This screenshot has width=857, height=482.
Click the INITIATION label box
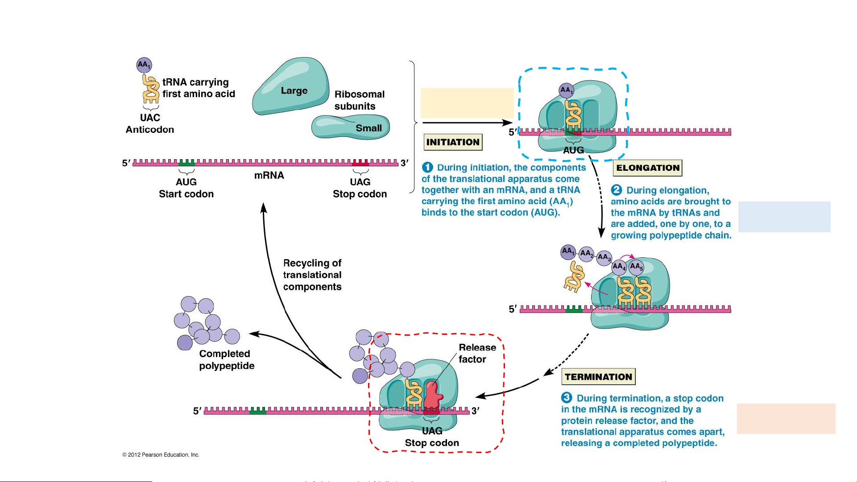(453, 142)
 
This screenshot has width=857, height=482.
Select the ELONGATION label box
(648, 168)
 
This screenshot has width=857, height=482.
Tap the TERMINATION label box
(598, 377)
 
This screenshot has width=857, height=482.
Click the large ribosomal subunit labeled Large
(292, 87)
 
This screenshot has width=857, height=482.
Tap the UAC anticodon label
(150, 118)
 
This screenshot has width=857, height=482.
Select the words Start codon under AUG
(186, 194)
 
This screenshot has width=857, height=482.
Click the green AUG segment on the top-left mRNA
(186, 162)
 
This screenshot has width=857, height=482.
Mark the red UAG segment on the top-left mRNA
(360, 162)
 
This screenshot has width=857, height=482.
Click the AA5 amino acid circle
(636, 267)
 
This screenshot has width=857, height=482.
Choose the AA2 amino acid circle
(586, 254)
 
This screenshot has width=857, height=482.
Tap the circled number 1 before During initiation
(427, 168)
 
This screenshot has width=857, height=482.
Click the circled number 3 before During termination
(567, 397)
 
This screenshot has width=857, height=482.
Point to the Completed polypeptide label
(227, 359)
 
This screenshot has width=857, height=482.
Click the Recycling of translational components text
(312, 275)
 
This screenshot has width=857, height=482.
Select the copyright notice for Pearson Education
(161, 455)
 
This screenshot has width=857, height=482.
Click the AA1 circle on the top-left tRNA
(144, 65)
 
